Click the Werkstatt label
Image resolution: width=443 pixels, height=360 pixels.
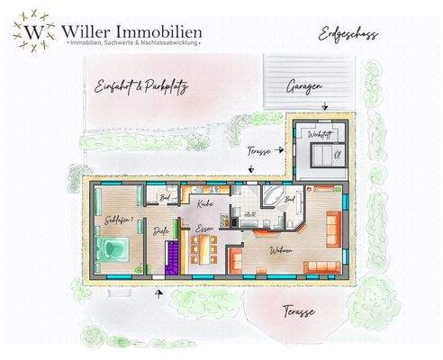318,134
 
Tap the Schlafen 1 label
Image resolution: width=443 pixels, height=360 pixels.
119,219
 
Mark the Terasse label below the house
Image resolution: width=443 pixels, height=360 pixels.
297,311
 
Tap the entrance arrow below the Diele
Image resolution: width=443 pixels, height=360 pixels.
160,292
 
